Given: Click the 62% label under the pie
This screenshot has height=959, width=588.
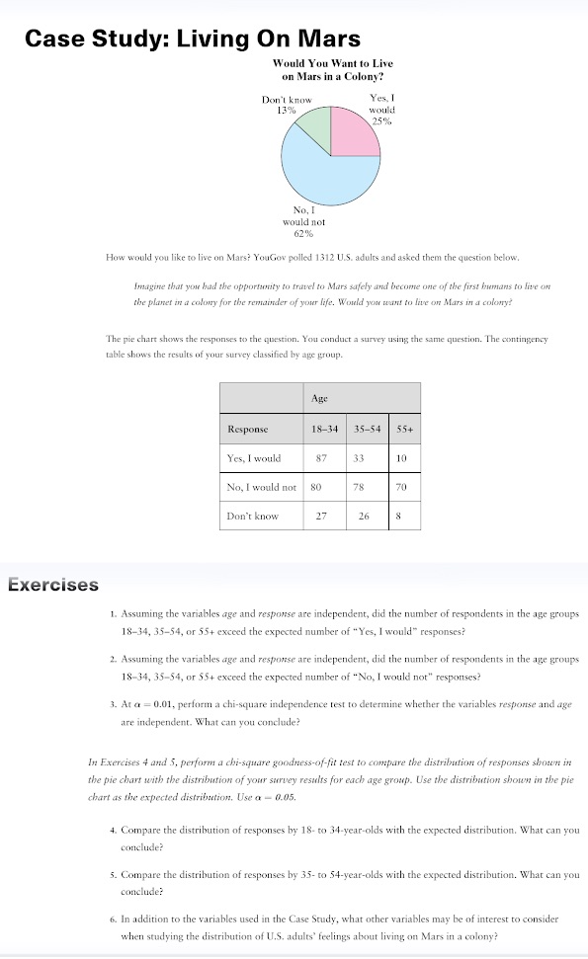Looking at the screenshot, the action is [x=303, y=234].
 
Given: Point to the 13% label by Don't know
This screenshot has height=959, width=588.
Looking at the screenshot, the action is [x=287, y=111].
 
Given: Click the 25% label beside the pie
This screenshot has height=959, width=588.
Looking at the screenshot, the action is [x=381, y=121].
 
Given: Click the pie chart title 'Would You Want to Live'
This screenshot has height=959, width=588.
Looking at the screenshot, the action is [x=332, y=63].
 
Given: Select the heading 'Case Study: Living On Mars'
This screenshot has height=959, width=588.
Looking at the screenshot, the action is [x=192, y=39].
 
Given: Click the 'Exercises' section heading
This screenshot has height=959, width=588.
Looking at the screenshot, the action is [x=53, y=584].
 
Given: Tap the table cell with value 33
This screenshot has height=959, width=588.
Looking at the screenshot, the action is [x=359, y=458].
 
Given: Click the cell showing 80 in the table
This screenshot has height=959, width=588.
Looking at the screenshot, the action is [x=316, y=487].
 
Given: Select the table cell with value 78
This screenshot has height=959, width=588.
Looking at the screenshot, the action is [x=359, y=487].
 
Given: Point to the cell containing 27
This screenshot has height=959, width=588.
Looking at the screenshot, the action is [x=320, y=516].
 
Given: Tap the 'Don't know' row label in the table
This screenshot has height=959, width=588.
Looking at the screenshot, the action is [x=253, y=516].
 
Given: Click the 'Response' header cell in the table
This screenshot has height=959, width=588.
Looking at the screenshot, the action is [x=249, y=430].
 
